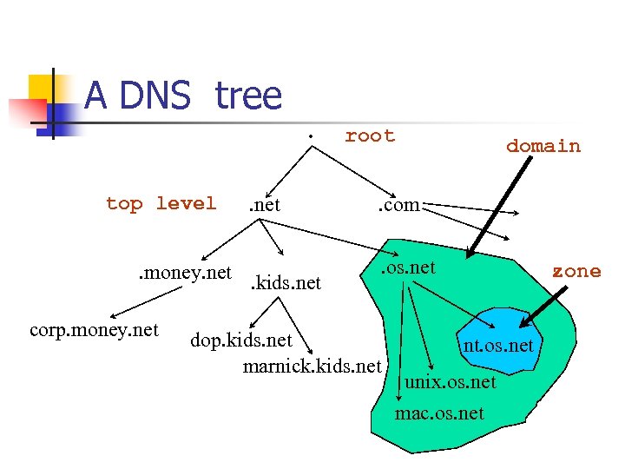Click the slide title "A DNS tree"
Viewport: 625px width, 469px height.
pos(183,96)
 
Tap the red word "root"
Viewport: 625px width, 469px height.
pos(370,135)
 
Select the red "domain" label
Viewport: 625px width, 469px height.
pos(543,146)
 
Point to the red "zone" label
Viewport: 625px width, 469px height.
pos(576,271)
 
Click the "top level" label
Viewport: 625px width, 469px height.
pos(161,203)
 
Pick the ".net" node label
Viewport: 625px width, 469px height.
pos(264,206)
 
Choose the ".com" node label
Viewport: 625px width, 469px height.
pos(397,206)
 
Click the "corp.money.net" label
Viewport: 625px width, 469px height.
pos(94,330)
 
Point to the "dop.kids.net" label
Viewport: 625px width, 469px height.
pos(240,339)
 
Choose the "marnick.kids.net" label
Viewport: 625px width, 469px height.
pos(312,366)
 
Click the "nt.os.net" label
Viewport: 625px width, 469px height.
pos(497,347)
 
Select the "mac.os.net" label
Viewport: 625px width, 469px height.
pos(439,413)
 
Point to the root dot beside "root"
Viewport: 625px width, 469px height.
pos(311,136)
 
